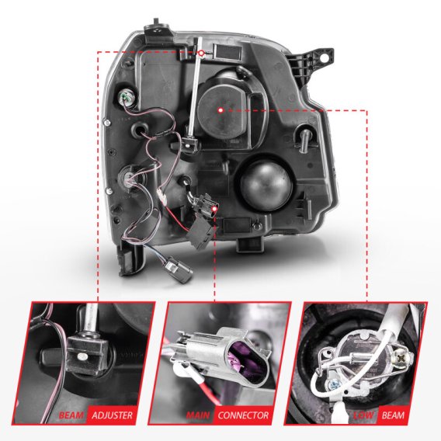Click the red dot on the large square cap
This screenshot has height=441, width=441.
(x=221, y=111)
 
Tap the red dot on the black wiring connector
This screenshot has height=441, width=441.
(x=215, y=206)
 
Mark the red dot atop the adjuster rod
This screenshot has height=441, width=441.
(x=201, y=52)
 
